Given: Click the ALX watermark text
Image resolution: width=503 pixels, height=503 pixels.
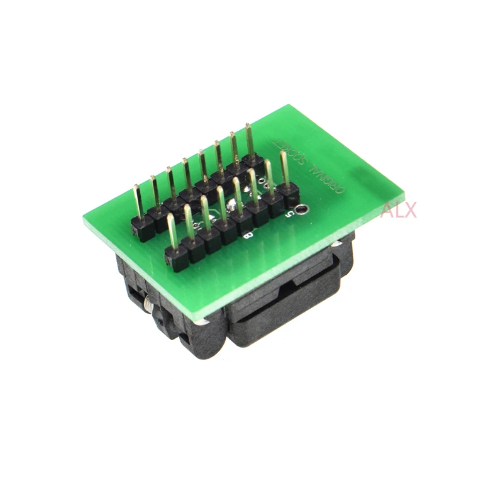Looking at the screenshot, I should (x=398, y=209).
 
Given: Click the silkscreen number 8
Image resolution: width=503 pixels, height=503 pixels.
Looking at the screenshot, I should (x=248, y=236).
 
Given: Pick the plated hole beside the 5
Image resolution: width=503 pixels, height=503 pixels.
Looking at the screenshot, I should (x=304, y=209).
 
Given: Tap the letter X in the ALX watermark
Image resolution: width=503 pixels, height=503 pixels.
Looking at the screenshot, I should (x=409, y=209).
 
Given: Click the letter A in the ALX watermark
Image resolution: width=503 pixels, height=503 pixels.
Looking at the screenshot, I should (x=386, y=209).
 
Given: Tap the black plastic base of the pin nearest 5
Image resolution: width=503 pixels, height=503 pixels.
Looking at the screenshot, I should (x=292, y=191).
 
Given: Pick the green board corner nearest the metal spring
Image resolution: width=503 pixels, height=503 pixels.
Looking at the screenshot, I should (x=85, y=217).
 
